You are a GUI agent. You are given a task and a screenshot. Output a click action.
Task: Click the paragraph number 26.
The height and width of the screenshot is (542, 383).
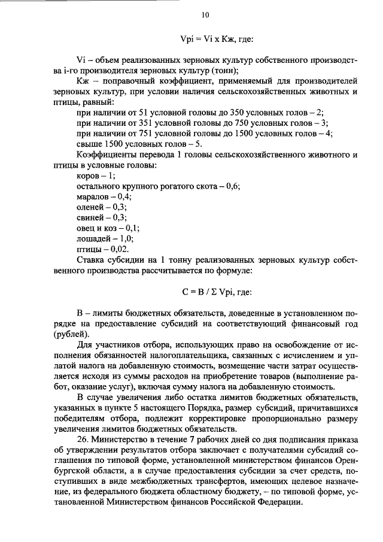pos(84,439)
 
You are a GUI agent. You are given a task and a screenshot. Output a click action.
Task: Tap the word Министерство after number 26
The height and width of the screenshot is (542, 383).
pos(123,439)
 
